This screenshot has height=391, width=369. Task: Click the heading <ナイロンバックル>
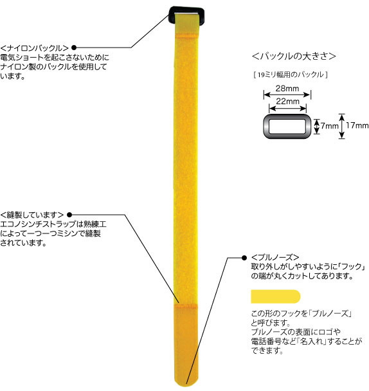pos(35,48)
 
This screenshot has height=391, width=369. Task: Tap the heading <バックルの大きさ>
pos(294,56)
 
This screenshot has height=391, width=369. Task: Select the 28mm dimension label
pos(287,88)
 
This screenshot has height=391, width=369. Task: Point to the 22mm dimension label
pos(287,101)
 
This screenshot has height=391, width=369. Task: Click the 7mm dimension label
pos(329,126)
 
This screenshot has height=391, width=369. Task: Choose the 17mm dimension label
pos(357,125)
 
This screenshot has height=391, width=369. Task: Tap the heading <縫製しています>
pos(32,215)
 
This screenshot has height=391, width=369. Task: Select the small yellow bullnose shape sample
pos(276,296)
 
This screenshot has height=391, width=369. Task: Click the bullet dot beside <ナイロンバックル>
pos(74,48)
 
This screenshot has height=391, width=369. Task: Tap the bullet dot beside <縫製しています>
pos(69,215)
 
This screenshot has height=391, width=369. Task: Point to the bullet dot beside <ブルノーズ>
pos(244,258)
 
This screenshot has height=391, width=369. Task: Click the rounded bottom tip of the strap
pos(186,386)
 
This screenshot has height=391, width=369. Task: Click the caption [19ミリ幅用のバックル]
pos(291,75)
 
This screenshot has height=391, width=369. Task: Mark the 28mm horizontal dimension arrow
pos(287,95)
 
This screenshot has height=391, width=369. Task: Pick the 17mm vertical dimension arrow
pos(342,126)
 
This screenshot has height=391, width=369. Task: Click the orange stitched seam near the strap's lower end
pos(186,305)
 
